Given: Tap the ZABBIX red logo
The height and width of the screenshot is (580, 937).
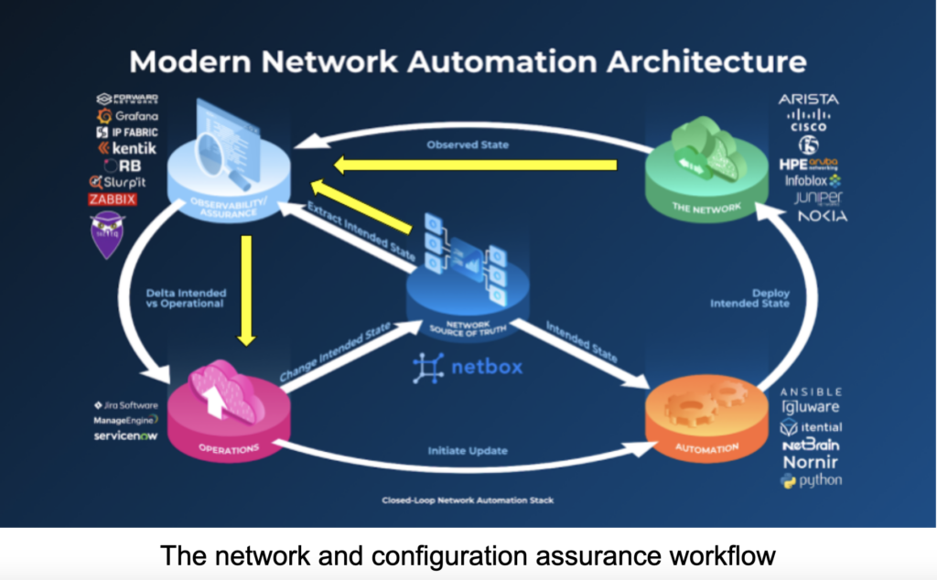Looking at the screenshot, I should [113, 199].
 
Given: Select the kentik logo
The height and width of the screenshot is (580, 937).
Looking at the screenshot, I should [126, 148].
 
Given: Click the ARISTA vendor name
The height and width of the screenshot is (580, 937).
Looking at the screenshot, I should [808, 99].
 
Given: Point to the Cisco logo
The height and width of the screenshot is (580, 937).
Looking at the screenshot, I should [808, 121].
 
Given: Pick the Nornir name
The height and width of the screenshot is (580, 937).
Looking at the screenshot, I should [811, 462].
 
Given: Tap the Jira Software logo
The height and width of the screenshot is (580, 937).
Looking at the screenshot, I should [125, 404].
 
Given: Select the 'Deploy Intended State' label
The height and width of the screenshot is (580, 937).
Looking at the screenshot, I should [756, 298].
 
